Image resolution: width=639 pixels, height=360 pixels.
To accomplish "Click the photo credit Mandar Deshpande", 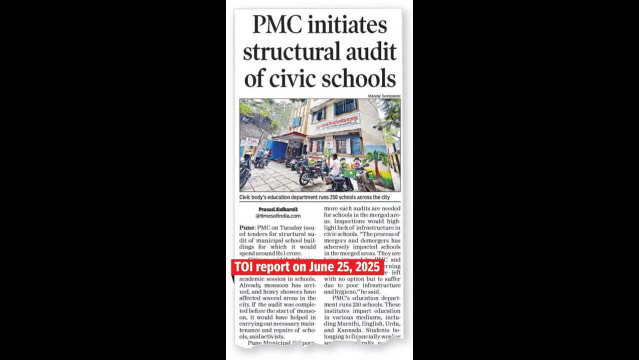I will click(x=384, y=95).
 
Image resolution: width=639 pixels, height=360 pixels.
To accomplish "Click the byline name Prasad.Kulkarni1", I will click(x=277, y=209).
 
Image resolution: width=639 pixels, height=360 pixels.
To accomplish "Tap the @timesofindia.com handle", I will click(x=278, y=216).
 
